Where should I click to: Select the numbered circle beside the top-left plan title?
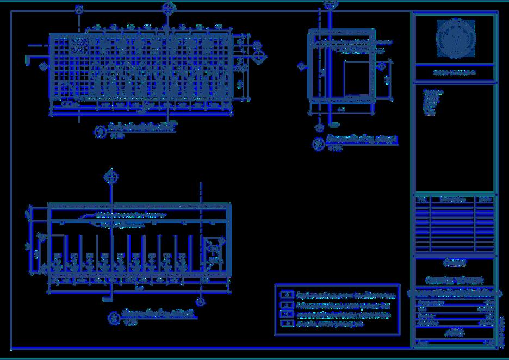pos(100,132)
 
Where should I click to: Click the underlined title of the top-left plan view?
pos(142,128)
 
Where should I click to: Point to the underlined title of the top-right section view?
pos(362,140)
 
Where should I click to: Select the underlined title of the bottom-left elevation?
pos(158,314)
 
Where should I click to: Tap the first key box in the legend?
pos(286,295)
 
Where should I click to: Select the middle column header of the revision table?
pos(452,200)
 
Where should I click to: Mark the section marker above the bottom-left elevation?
pos(111,176)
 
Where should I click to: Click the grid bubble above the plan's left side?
pos(79,10)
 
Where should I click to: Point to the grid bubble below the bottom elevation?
pos(201,301)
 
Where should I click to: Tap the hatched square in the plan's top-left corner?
pos(79,45)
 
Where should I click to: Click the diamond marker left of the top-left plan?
pos(44,66)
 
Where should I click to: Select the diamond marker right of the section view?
pos(382,66)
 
